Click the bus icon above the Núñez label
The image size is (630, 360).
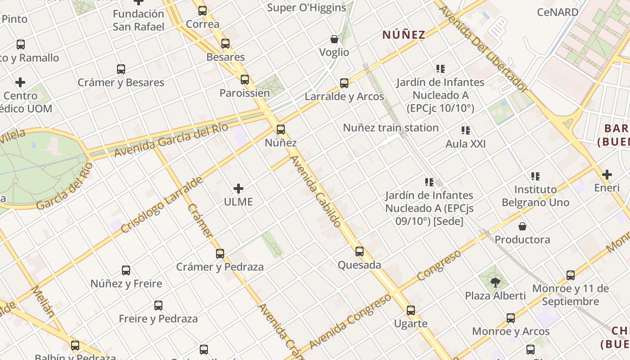click(x=281, y=130)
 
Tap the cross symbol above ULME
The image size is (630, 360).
click(x=238, y=189)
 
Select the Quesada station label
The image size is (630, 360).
click(x=360, y=265)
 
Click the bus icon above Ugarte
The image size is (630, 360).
click(x=411, y=310)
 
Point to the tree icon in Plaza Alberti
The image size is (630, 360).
click(x=495, y=283)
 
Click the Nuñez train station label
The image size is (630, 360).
click(x=391, y=128)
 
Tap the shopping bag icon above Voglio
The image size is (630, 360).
click(x=334, y=39)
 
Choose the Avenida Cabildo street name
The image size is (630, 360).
click(x=315, y=191)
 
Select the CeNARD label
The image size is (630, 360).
click(x=558, y=12)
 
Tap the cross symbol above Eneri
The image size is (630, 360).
click(x=607, y=174)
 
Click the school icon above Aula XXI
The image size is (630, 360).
click(x=466, y=130)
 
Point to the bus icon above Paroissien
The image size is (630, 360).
click(x=245, y=80)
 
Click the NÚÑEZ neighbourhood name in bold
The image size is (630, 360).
click(x=404, y=35)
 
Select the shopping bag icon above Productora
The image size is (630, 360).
click(x=522, y=226)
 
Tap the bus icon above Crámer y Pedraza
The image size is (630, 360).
click(x=220, y=253)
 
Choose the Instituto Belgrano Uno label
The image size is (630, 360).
click(x=535, y=196)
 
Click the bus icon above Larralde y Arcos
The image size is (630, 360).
click(x=344, y=83)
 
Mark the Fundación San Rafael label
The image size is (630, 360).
click(x=139, y=20)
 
